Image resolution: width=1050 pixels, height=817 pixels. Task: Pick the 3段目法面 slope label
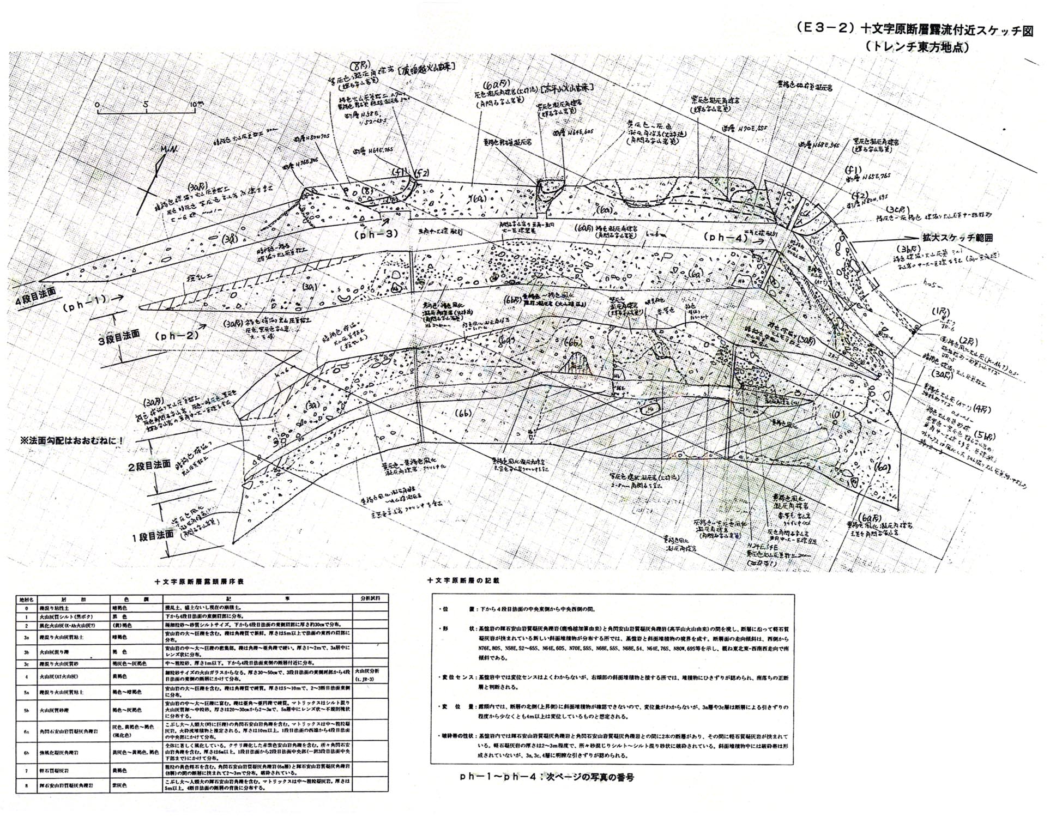pos(119,333)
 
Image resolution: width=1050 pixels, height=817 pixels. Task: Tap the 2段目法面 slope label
pos(148,467)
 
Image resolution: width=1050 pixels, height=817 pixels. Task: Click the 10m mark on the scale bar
pos(194,104)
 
